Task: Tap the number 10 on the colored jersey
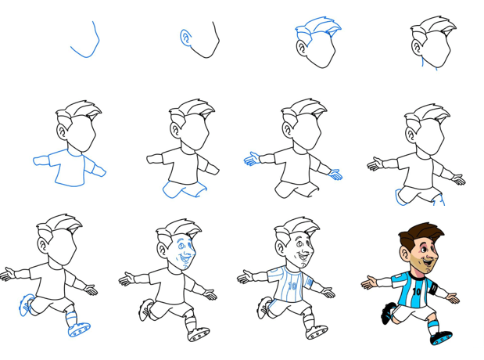click(416, 291)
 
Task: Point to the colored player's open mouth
click(428, 263)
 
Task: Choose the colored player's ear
click(404, 253)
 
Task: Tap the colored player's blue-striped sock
click(432, 327)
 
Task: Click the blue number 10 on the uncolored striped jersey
click(292, 286)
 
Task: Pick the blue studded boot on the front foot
click(79, 329)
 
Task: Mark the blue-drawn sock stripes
click(71, 317)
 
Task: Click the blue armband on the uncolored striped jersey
click(309, 282)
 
